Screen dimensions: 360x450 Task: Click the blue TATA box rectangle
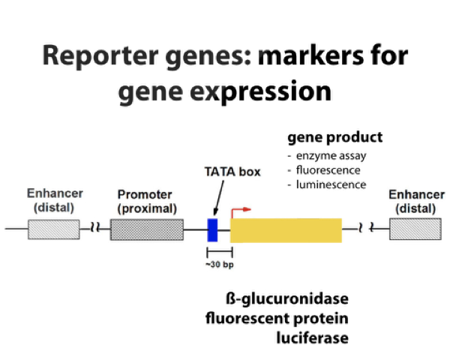tap(212, 229)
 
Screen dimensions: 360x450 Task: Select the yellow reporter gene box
tap(286, 229)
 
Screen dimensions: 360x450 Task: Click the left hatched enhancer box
tap(53, 229)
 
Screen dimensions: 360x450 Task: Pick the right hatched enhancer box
tap(409, 229)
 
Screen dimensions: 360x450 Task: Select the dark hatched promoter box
tap(146, 229)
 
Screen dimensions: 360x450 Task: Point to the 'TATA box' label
tap(232, 172)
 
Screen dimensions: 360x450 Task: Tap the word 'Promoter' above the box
tap(145, 194)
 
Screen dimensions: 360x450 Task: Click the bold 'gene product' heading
tap(334, 137)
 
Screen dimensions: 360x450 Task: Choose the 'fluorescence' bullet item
tap(328, 170)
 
